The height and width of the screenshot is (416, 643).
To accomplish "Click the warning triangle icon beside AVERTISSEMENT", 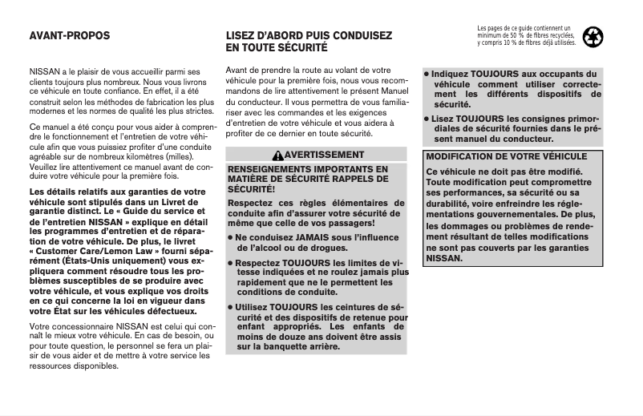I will pos(277,155).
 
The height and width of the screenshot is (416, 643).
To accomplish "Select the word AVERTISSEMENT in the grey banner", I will pos(318,155).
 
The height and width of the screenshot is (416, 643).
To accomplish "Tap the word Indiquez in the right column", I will pos(452,74).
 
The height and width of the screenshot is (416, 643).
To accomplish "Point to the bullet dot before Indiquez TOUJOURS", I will pos(427,74).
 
